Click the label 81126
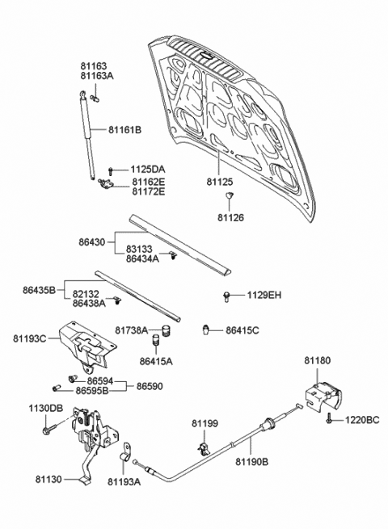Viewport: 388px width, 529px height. pyautogui.click(x=230, y=218)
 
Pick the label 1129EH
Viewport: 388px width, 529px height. pyautogui.click(x=264, y=296)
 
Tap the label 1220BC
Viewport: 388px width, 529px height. pyautogui.click(x=361, y=420)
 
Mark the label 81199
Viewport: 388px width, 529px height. pyautogui.click(x=205, y=423)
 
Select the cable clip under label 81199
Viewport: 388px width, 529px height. pyautogui.click(x=204, y=444)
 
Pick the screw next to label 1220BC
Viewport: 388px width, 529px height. pyautogui.click(x=331, y=421)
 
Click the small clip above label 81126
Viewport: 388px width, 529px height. pyautogui.click(x=230, y=196)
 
